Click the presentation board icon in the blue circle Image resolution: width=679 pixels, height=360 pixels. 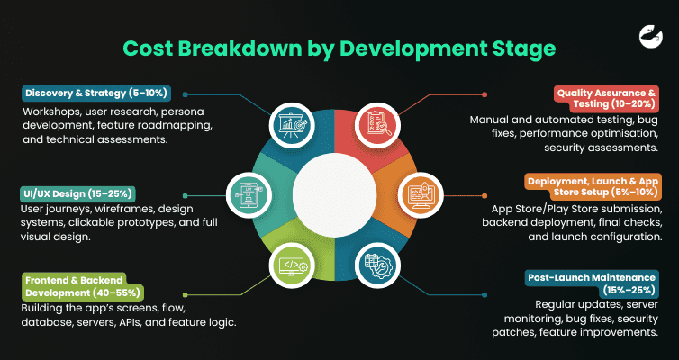coord(293,123)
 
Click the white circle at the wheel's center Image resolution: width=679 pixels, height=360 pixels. coord(334,193)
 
